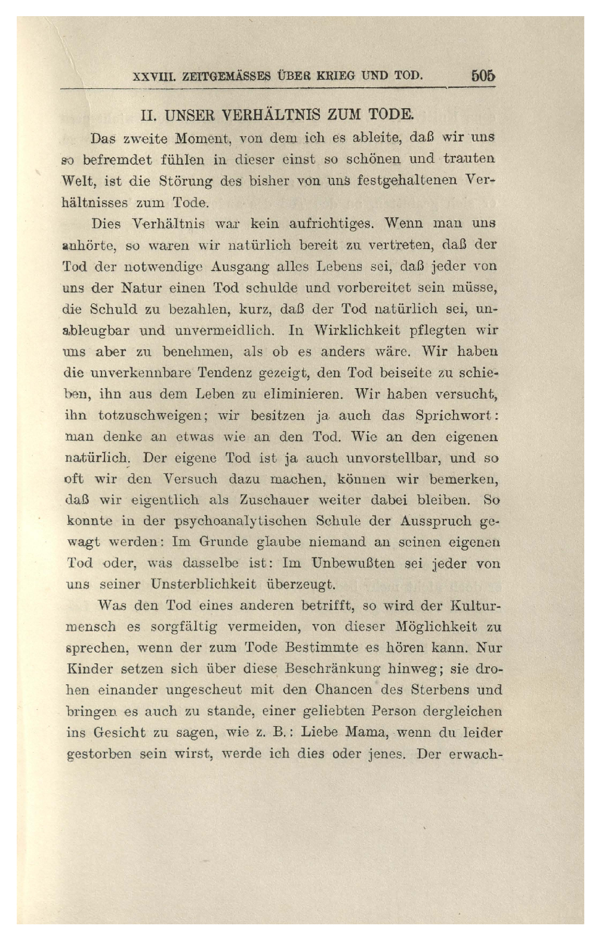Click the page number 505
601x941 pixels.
483,76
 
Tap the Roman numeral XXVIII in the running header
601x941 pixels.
152,77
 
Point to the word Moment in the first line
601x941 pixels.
201,139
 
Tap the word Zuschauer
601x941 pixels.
274,500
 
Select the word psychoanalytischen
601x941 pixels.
240,521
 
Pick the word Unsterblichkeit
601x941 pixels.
205,584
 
